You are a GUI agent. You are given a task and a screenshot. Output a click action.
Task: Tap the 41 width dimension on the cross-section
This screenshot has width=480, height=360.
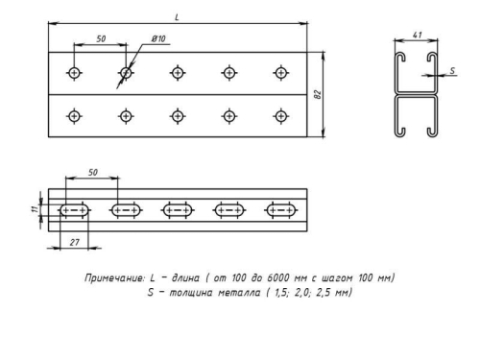417,36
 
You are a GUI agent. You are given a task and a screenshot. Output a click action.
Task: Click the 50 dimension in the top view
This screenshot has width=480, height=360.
100,39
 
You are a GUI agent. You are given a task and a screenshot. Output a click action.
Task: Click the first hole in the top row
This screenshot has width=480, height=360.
74,73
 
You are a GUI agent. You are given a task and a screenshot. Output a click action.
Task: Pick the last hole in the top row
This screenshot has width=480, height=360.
280,73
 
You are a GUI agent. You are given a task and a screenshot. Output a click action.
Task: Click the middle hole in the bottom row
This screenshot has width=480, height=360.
178,115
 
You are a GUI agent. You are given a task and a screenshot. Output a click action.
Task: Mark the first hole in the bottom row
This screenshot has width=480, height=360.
74,115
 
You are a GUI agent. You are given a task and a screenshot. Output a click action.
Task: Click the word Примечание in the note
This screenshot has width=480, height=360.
112,276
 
